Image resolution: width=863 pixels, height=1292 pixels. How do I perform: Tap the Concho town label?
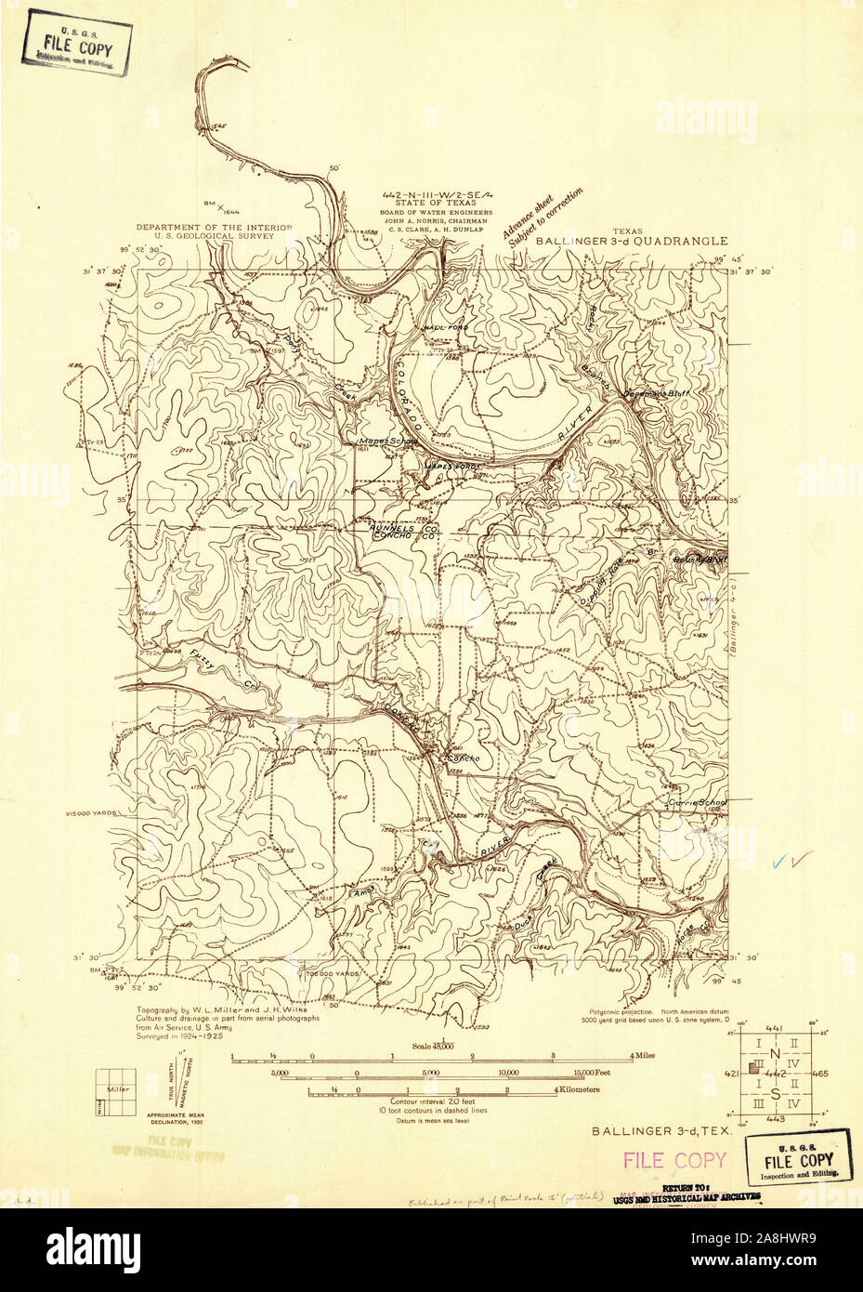(x=462, y=758)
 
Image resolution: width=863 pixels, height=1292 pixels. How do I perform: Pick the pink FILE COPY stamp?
(x=674, y=1160)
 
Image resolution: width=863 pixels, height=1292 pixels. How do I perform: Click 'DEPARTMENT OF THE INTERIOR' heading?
(x=214, y=227)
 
